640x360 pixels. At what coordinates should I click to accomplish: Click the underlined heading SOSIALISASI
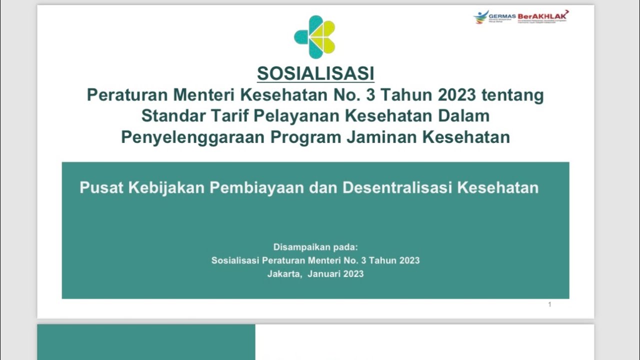tap(315, 73)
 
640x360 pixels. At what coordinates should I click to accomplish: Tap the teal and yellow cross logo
tap(314, 36)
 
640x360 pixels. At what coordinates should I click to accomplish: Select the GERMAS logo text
tap(502, 16)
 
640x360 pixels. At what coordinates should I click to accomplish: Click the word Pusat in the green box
tap(101, 187)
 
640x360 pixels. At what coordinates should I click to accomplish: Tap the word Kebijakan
tap(166, 187)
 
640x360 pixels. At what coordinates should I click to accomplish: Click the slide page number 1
tap(549, 304)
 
